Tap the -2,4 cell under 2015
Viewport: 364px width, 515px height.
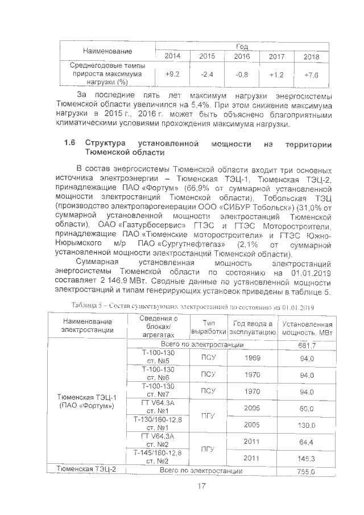point(207,75)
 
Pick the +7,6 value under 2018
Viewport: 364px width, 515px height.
point(312,75)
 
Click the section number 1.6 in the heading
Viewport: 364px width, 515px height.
point(71,143)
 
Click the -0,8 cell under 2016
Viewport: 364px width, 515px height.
point(242,75)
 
